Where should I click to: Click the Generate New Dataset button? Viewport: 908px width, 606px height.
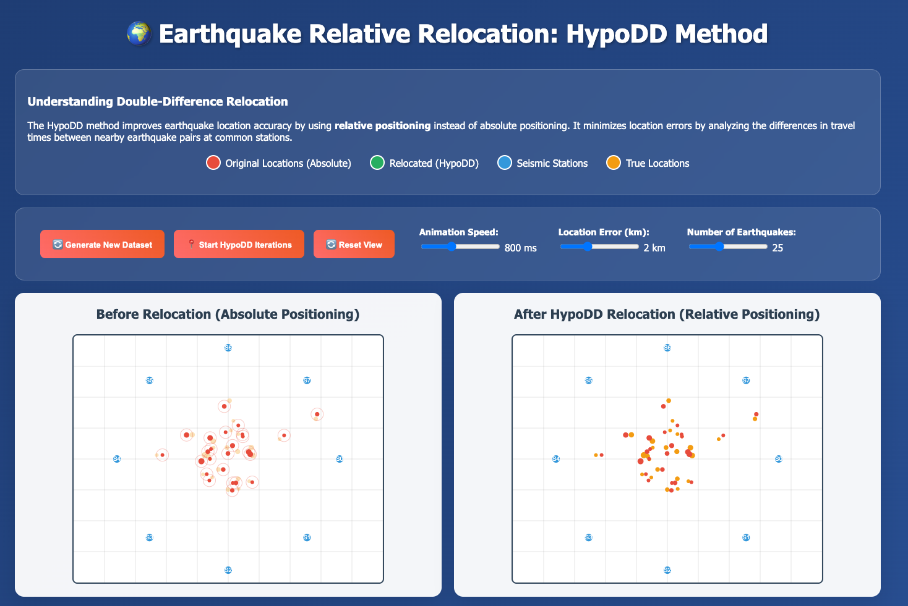click(x=102, y=244)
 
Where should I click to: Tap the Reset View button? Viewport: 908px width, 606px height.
click(x=354, y=244)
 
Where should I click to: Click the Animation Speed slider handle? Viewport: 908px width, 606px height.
click(x=452, y=246)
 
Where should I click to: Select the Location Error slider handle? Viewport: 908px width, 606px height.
click(x=588, y=246)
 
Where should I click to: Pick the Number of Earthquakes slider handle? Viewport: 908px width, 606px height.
click(x=719, y=246)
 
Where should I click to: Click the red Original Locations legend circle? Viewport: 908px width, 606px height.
click(x=213, y=163)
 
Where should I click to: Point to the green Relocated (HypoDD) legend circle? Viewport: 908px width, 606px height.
click(x=377, y=163)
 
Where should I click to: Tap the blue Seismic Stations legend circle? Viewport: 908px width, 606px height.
click(x=505, y=163)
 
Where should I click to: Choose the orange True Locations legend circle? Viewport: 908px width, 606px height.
click(x=614, y=163)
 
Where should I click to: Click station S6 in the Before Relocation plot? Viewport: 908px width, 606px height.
click(x=228, y=348)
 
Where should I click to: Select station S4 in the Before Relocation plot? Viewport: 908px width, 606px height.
click(x=117, y=459)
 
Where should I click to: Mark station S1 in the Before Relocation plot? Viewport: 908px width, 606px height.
click(x=307, y=537)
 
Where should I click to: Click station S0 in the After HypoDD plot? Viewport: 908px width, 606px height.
click(x=779, y=459)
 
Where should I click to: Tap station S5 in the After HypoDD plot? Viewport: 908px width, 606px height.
click(x=589, y=381)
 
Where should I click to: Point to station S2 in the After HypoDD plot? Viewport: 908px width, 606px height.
click(x=667, y=570)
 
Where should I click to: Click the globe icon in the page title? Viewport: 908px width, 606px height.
click(x=139, y=33)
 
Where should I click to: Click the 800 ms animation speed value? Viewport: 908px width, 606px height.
click(x=521, y=248)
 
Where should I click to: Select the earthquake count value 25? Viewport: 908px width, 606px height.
click(x=777, y=248)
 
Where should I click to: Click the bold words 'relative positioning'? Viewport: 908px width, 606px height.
click(x=382, y=125)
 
